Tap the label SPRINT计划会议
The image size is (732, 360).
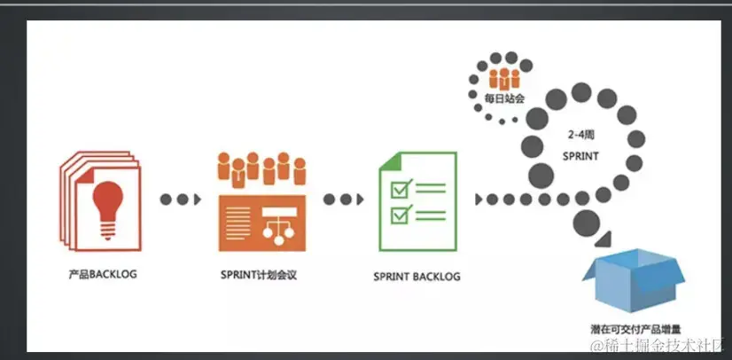click(258, 276)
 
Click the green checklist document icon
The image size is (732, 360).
click(417, 200)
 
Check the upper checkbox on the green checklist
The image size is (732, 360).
click(399, 188)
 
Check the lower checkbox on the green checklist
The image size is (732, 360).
click(399, 213)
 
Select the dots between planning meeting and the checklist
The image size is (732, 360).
click(343, 200)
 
